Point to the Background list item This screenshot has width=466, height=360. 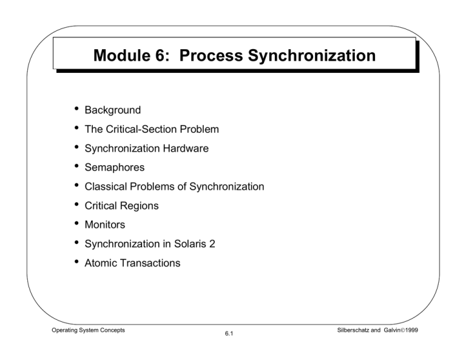[x=112, y=110]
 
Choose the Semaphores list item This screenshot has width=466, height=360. [x=113, y=168]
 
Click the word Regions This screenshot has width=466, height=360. [x=140, y=206]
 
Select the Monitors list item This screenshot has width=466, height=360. [x=104, y=225]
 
